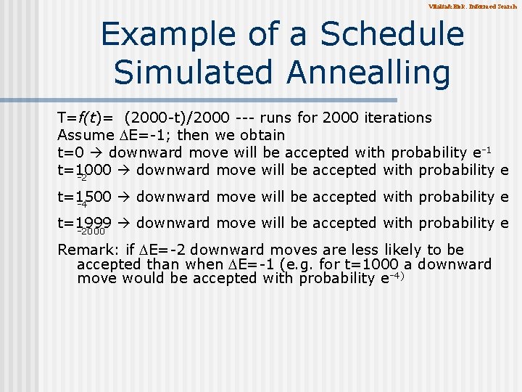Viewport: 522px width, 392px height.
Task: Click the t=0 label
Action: click(x=70, y=152)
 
